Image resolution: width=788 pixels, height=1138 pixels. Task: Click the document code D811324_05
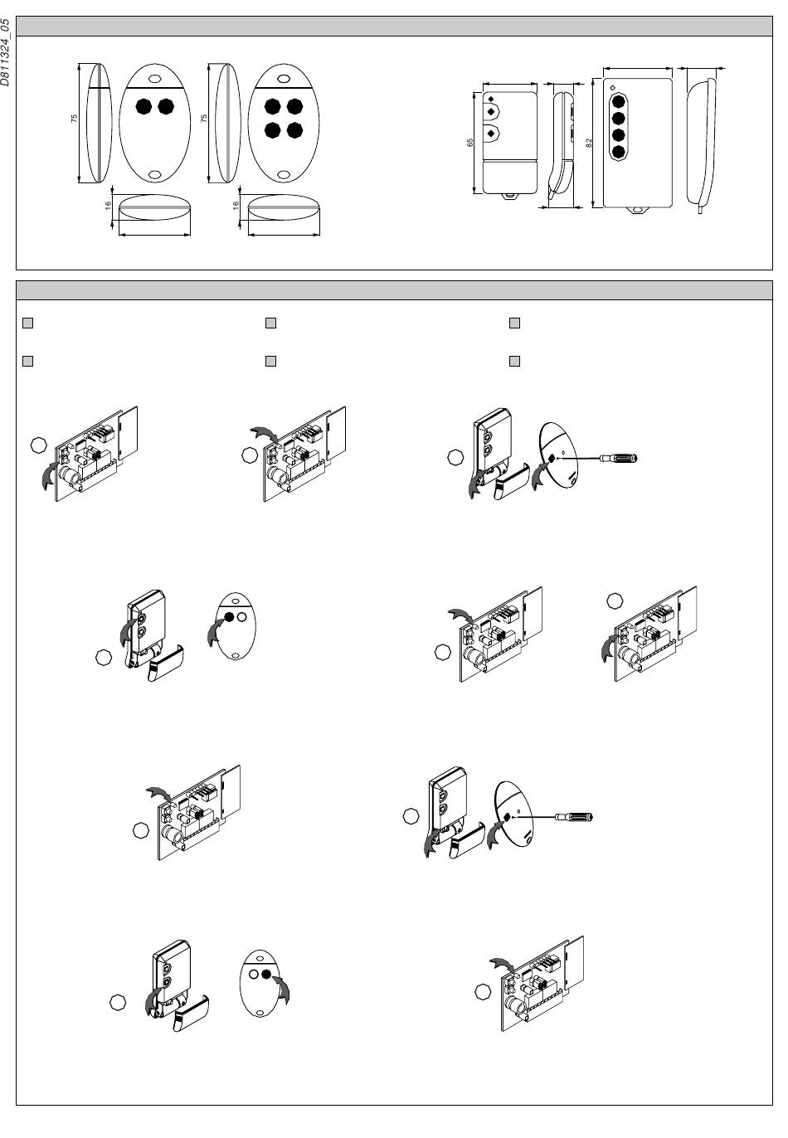7,51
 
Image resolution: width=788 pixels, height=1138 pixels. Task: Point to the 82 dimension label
588,142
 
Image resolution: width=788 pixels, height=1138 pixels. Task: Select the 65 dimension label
470,143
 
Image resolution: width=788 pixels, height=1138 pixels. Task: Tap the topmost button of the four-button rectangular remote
617,102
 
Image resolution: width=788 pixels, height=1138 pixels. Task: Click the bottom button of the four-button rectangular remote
617,152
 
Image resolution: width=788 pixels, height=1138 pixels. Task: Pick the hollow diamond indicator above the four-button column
611,87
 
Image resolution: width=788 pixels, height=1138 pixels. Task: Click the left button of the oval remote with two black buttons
143,107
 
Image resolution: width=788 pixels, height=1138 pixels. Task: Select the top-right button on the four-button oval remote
292,107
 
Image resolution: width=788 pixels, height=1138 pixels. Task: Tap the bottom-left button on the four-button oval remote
271,130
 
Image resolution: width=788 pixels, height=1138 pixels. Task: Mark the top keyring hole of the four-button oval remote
283,80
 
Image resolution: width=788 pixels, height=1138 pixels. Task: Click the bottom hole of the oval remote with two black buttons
155,175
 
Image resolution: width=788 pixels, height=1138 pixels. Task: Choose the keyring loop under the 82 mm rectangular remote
639,210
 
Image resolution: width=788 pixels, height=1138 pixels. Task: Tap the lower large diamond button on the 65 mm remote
491,134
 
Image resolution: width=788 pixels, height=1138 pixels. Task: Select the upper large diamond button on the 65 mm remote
491,110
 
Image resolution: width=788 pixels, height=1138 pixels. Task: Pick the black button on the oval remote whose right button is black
267,975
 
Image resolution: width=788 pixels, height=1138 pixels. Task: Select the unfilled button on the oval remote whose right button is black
253,975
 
